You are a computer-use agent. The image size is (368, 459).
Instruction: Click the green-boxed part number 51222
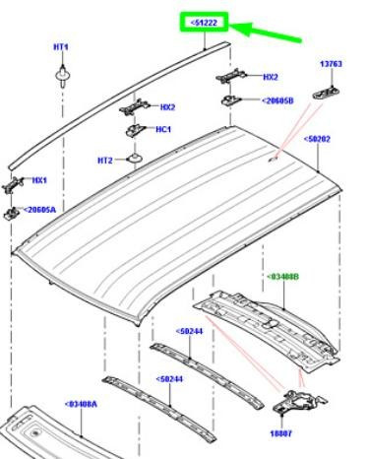204,23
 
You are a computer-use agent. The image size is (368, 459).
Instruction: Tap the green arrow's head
241,29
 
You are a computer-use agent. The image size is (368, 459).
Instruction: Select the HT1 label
61,47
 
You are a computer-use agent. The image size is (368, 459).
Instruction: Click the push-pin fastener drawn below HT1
62,77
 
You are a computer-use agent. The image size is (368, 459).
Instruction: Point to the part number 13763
331,64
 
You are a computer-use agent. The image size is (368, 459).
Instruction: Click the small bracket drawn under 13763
326,93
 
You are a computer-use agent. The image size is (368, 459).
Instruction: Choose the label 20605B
277,100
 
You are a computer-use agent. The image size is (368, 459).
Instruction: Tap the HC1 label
163,129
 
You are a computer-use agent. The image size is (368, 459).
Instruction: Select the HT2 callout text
105,161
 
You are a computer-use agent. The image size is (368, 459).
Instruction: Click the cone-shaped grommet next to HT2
135,158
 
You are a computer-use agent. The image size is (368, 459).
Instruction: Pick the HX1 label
39,180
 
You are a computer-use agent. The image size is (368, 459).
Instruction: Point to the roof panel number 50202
317,139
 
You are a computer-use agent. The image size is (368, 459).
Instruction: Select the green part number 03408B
282,277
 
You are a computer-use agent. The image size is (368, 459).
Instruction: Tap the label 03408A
81,404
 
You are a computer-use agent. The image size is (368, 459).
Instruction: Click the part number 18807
281,433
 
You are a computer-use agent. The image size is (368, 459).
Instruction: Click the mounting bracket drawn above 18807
299,401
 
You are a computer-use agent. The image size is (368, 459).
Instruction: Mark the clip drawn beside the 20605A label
11,213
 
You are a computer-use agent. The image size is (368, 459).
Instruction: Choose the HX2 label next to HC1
167,107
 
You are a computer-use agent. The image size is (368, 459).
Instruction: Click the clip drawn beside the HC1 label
136,130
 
